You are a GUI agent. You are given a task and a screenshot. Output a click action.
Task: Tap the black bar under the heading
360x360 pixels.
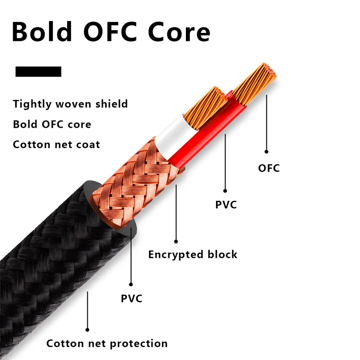point(38,72)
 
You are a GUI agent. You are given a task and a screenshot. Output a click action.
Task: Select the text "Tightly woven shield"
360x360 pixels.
point(70,104)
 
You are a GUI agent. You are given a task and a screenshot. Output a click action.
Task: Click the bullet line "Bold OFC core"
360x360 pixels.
point(52,124)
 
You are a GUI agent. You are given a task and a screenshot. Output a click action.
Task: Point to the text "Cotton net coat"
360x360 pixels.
point(56,144)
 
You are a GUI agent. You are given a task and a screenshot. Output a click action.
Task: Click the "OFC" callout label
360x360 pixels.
point(269,168)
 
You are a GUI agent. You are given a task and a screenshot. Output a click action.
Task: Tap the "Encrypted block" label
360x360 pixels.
point(193,254)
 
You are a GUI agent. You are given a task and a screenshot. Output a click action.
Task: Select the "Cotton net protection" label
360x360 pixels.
point(107,344)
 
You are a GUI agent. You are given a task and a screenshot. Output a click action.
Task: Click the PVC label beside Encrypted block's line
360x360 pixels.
point(225,205)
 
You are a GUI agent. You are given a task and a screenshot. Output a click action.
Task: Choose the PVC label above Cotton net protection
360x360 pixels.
point(131,298)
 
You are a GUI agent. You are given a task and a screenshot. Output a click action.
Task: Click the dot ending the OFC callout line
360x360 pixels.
point(266,152)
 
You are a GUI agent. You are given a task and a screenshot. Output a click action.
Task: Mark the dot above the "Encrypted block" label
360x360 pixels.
point(176,242)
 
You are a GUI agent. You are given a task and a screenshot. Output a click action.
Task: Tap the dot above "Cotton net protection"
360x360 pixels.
point(88,330)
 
